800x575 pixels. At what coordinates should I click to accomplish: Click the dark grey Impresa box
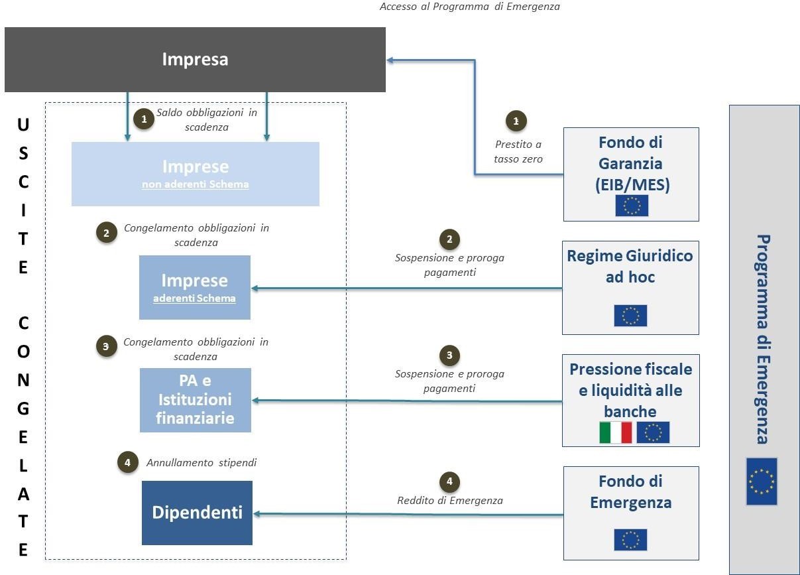(195, 60)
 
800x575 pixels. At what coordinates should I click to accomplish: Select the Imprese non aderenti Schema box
(196, 174)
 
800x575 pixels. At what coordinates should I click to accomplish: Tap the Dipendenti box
(197, 513)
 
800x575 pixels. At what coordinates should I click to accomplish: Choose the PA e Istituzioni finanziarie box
(196, 401)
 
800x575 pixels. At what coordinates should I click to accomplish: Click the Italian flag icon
(615, 433)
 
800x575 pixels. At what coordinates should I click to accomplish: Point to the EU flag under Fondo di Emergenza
(630, 540)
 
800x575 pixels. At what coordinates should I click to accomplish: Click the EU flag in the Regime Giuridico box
(630, 316)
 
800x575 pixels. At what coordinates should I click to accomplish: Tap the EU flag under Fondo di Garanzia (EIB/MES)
(632, 206)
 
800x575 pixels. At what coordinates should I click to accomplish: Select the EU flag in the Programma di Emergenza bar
(762, 481)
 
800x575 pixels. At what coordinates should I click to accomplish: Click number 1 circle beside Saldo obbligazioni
(144, 119)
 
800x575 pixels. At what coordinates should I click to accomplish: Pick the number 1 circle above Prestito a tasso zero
(516, 121)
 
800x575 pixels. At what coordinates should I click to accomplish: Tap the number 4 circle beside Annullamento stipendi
(128, 462)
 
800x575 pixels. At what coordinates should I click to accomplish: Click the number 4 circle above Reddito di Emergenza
(449, 481)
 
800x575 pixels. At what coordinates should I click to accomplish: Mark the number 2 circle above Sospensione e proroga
(449, 239)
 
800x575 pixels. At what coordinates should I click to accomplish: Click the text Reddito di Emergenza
(450, 500)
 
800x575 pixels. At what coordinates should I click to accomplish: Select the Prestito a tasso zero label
(518, 151)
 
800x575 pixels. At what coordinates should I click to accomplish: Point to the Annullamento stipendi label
(201, 463)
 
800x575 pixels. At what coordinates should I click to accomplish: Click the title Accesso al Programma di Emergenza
(470, 7)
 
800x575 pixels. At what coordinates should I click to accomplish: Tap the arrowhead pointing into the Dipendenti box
(257, 514)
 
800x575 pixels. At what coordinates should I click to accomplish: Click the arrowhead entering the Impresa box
(390, 60)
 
